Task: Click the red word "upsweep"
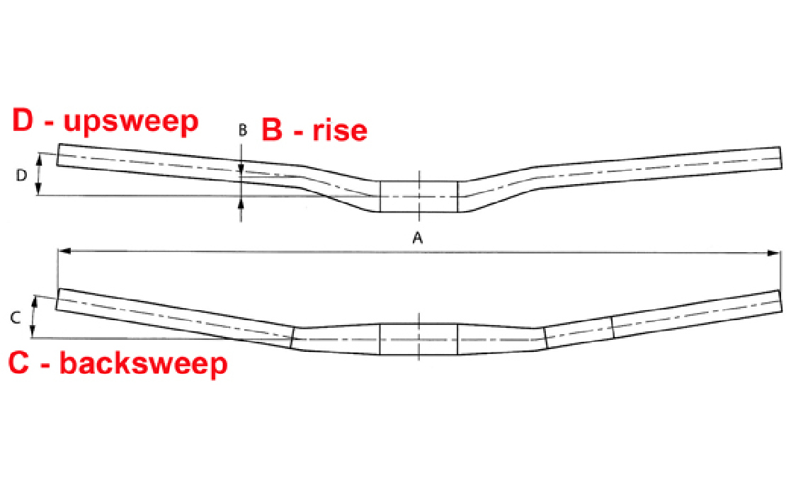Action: click(x=131, y=121)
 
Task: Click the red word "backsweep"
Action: click(x=144, y=363)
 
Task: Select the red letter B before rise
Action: click(x=273, y=130)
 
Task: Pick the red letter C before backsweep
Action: click(x=20, y=363)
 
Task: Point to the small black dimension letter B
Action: click(x=242, y=130)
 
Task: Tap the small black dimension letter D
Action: click(x=22, y=175)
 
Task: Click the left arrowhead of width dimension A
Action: click(x=62, y=251)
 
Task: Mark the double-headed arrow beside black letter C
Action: click(x=33, y=319)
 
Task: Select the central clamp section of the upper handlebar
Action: click(x=418, y=196)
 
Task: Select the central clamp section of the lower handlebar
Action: click(x=418, y=339)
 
